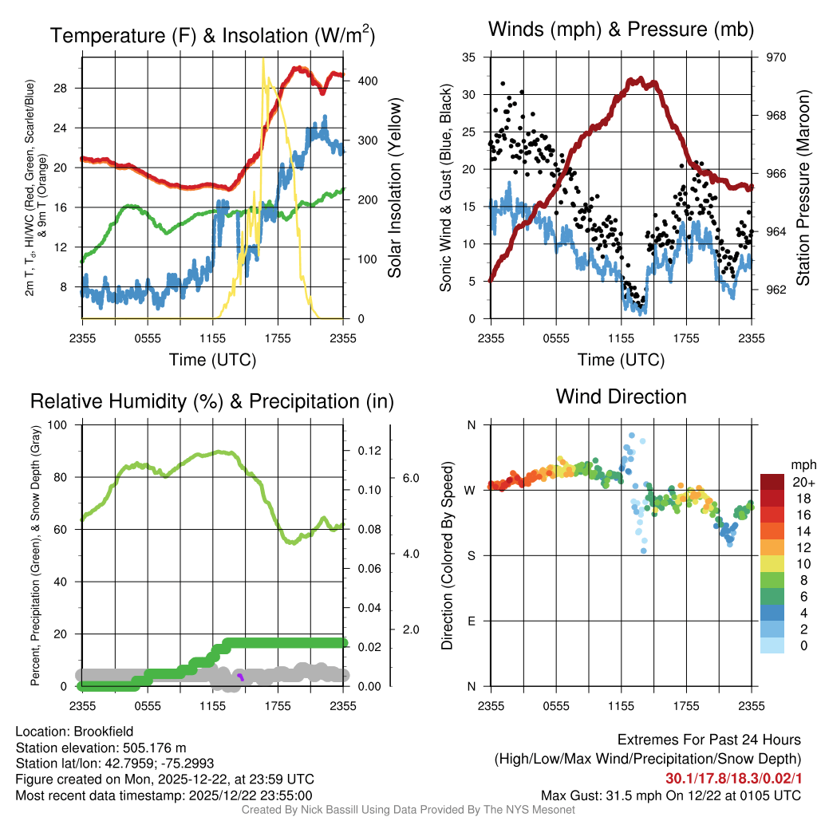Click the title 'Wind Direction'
621,397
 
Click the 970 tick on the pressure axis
776,57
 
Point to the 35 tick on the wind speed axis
469,57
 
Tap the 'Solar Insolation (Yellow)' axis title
395,188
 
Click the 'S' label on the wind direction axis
472,555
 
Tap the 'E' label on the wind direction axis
472,621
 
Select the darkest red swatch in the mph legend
774,482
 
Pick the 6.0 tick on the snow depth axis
410,478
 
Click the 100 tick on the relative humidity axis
57,425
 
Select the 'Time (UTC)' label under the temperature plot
212,360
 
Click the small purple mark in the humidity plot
240,677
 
